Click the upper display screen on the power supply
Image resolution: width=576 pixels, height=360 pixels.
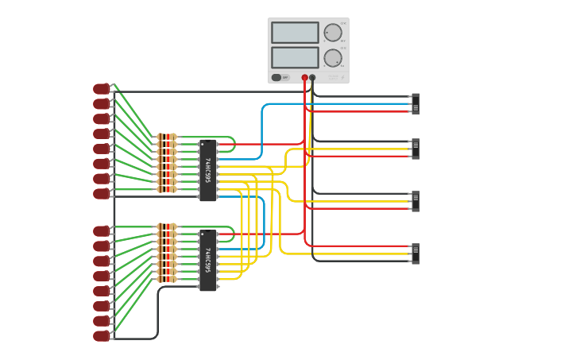click(x=295, y=33)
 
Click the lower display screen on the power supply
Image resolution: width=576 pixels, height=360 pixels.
click(x=295, y=57)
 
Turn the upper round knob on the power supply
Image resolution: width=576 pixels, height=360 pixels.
click(x=332, y=33)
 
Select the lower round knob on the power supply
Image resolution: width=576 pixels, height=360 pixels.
click(x=332, y=57)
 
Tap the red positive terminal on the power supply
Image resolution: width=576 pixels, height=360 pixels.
click(x=304, y=78)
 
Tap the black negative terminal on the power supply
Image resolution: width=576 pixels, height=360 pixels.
click(x=312, y=78)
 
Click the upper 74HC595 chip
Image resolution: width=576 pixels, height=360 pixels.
click(x=207, y=170)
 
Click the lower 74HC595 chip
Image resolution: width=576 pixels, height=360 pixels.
click(x=207, y=261)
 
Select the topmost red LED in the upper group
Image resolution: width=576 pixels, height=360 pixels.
click(x=102, y=89)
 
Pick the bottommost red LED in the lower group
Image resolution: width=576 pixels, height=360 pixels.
click(x=102, y=335)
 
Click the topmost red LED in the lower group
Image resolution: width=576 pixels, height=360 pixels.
click(x=102, y=231)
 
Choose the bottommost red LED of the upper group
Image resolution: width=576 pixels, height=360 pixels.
click(x=102, y=194)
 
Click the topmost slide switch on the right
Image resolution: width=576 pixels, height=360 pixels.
click(x=415, y=104)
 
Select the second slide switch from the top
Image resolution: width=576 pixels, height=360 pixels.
click(x=415, y=149)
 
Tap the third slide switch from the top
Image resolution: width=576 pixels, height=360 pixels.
click(x=415, y=201)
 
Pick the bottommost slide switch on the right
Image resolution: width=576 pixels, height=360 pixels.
click(x=415, y=254)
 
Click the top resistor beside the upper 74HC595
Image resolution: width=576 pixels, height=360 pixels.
click(x=167, y=137)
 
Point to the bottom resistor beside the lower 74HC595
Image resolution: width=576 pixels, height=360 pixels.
click(x=167, y=279)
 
